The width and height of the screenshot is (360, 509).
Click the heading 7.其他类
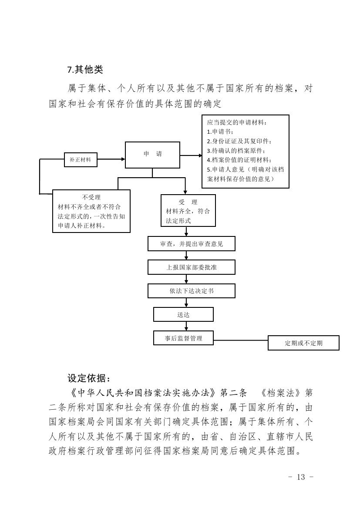click(x=85, y=70)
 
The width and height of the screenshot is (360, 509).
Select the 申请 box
click(x=152, y=155)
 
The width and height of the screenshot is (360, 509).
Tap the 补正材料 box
click(x=81, y=160)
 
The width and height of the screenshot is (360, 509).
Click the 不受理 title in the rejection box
click(x=91, y=197)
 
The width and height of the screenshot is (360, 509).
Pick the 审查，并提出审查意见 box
click(x=192, y=244)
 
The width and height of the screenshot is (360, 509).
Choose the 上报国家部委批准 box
click(x=192, y=267)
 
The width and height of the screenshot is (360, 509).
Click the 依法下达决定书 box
click(x=192, y=291)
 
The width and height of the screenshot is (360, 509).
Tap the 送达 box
click(x=183, y=314)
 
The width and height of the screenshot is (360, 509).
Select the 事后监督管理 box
click(x=183, y=338)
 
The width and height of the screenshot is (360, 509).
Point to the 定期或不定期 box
click(x=303, y=343)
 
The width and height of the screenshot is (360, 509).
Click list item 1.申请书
click(x=220, y=132)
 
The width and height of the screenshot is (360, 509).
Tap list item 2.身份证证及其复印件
click(x=239, y=141)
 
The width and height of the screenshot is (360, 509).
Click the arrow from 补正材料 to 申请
click(x=111, y=159)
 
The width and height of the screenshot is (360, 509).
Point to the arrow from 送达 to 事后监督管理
click(x=186, y=326)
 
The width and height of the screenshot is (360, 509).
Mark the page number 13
click(x=301, y=477)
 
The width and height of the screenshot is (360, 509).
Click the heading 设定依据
click(x=89, y=378)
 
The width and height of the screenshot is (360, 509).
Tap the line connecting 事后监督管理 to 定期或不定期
click(x=241, y=341)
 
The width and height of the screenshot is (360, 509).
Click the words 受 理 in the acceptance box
click(x=188, y=202)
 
